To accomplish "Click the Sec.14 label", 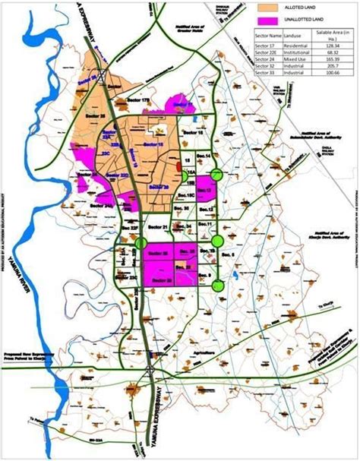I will [x=204, y=156].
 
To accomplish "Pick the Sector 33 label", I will [x=160, y=281].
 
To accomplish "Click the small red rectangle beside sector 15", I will [x=178, y=165].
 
